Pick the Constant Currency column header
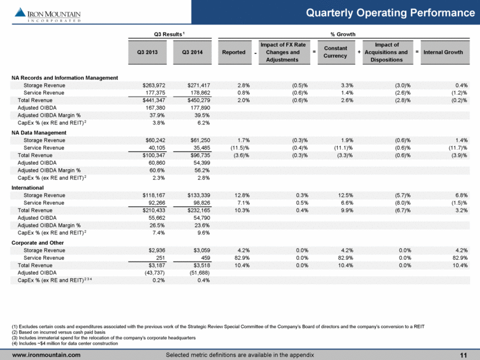pos(335,52)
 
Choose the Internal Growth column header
pos(443,52)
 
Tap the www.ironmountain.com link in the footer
pos(47,354)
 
